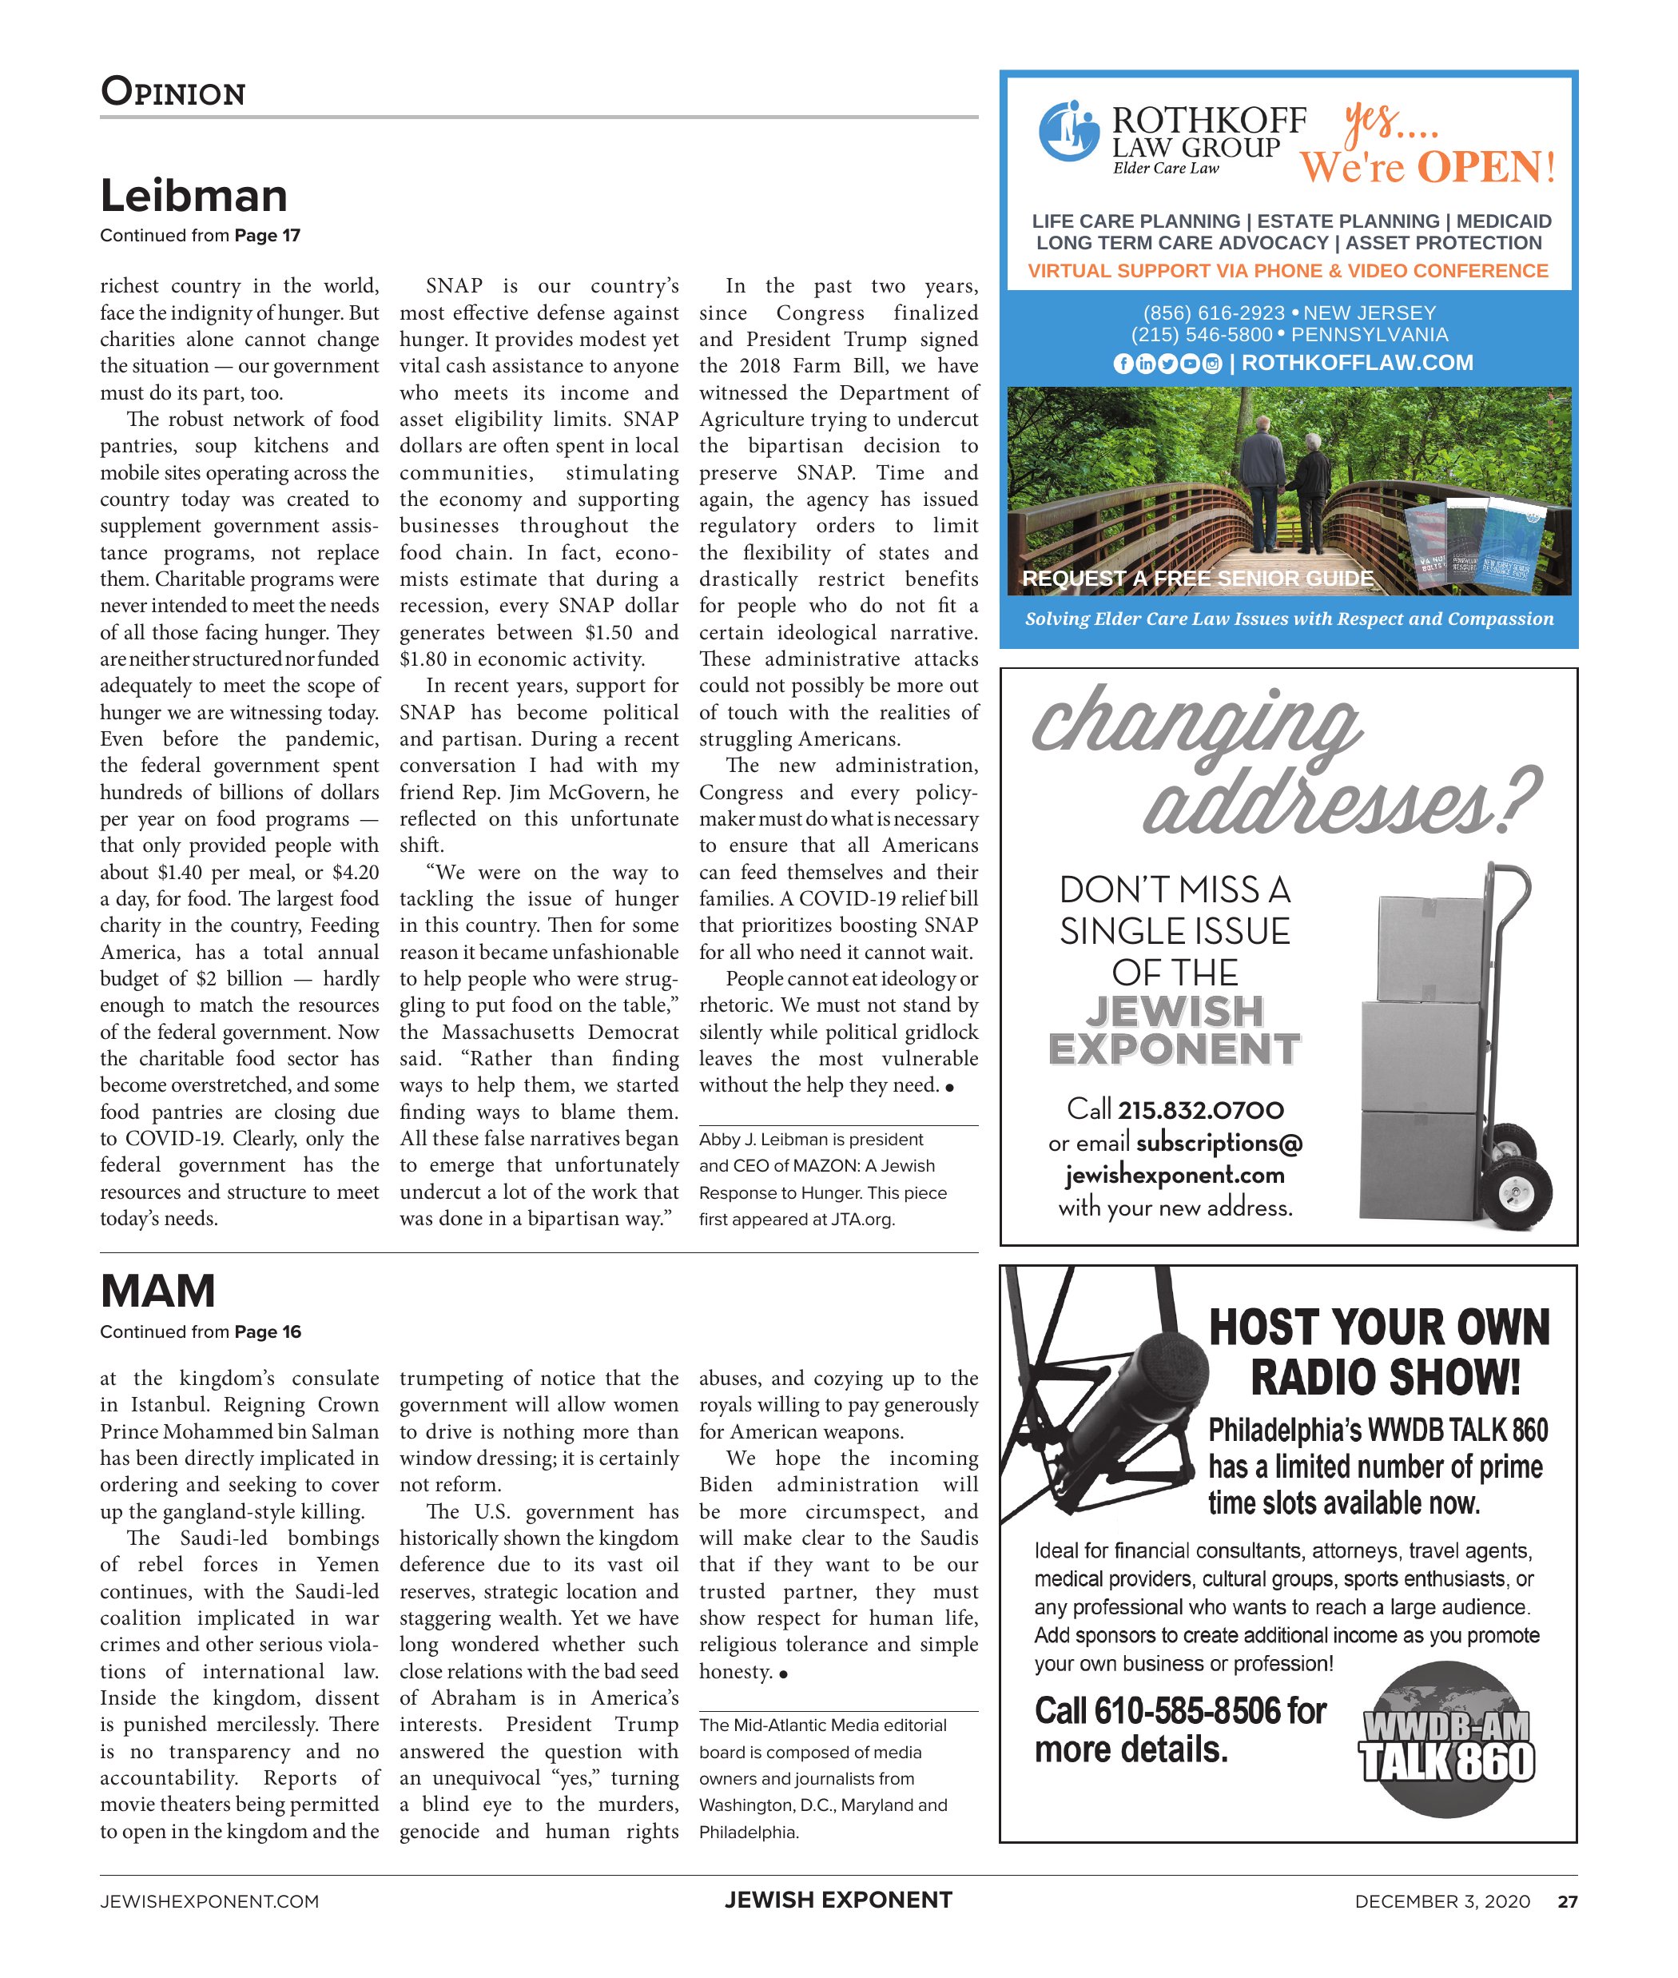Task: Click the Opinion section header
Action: coord(173,92)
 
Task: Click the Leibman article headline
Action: coord(194,196)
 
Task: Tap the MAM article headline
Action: coord(158,1291)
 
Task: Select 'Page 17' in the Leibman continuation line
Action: coord(268,236)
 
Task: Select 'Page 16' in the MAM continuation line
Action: coord(268,1332)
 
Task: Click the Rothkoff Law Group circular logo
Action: coord(1069,131)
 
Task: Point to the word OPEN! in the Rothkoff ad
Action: coord(1486,168)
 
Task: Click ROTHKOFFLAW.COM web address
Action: coord(1358,363)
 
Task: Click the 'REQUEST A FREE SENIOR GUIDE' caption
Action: coord(1198,579)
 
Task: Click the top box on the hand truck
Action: coord(1428,948)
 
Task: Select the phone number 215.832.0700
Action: coord(1200,1110)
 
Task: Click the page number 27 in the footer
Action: coord(1567,1902)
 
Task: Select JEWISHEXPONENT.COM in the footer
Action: coord(209,1902)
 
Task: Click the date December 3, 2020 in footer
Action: coord(1442,1902)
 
